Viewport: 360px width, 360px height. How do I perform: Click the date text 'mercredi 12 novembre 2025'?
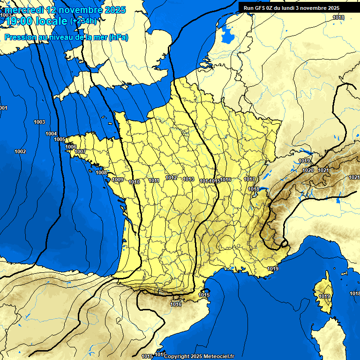click(65, 10)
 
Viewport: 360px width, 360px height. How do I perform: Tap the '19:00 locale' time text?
click(37, 21)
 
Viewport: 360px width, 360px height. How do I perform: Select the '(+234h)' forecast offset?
click(83, 21)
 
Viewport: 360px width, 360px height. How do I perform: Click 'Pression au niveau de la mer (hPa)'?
click(66, 37)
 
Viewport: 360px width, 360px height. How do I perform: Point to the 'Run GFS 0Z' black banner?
click(292, 8)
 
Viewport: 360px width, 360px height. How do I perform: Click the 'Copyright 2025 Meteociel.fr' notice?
click(199, 356)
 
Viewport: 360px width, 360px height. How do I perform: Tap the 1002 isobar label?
click(20, 151)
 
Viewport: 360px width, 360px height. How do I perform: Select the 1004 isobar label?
click(51, 134)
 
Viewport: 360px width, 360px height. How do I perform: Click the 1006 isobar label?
click(70, 147)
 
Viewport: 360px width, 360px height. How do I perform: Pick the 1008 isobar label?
click(101, 172)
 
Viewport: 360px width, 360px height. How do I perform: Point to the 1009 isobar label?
click(118, 180)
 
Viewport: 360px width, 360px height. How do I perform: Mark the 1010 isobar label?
click(134, 182)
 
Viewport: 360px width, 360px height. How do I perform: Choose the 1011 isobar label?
click(154, 180)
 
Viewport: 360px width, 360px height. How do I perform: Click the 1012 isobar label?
click(171, 178)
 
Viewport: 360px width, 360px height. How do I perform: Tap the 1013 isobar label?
click(188, 179)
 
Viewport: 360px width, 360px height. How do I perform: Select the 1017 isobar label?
click(249, 179)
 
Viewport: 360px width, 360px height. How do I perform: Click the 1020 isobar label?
click(308, 170)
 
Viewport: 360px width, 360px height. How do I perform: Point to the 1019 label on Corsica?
click(324, 297)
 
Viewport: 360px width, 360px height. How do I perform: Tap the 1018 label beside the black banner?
click(338, 17)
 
